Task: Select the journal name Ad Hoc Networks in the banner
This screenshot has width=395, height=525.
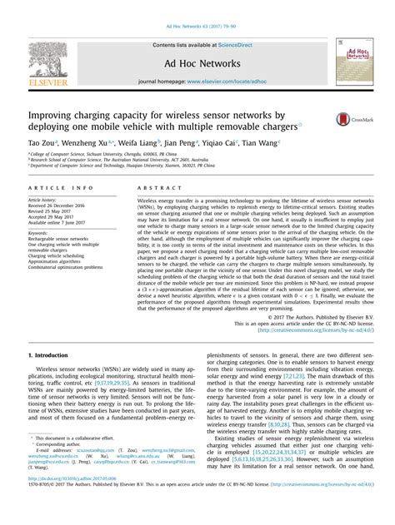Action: [197, 62]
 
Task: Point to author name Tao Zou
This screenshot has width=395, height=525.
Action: [42, 144]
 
